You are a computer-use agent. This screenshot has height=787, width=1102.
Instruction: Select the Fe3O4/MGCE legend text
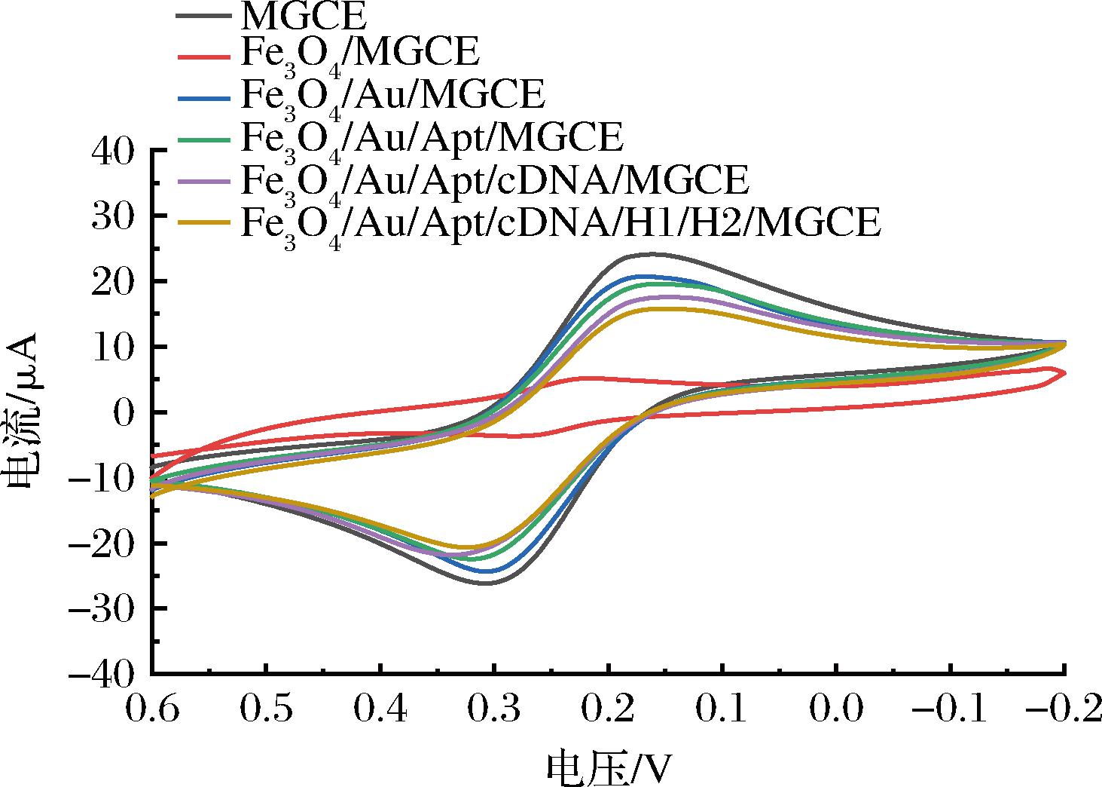(x=360, y=54)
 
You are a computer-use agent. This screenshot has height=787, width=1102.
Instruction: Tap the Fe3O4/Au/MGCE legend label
(x=392, y=96)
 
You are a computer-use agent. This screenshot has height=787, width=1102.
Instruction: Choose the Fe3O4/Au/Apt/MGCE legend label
(x=432, y=139)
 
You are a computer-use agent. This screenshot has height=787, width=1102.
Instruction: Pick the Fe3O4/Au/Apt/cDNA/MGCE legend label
(x=494, y=181)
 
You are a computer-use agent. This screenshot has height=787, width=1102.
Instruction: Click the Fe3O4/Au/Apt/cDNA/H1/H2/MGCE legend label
(x=560, y=223)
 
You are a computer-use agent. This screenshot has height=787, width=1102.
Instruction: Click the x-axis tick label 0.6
(x=152, y=711)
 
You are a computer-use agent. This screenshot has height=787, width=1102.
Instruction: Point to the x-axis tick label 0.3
(x=493, y=711)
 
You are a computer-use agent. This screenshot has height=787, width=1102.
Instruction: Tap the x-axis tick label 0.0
(x=836, y=711)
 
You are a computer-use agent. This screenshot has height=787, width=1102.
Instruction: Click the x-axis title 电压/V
(x=608, y=767)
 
